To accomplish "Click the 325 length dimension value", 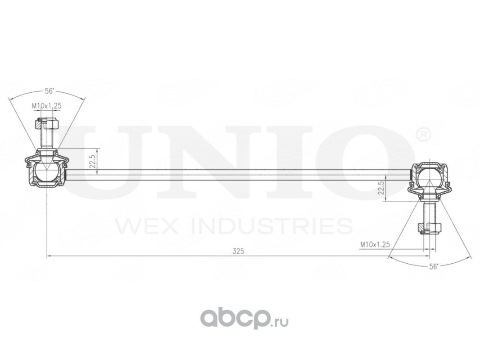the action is click(x=238, y=252).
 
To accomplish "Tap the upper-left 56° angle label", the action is click(x=49, y=91).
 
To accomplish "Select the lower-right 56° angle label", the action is click(x=434, y=266).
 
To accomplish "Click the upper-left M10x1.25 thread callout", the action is click(x=46, y=106).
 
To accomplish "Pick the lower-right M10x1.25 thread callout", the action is click(x=375, y=244).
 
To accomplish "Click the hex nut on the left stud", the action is click(x=46, y=123).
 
